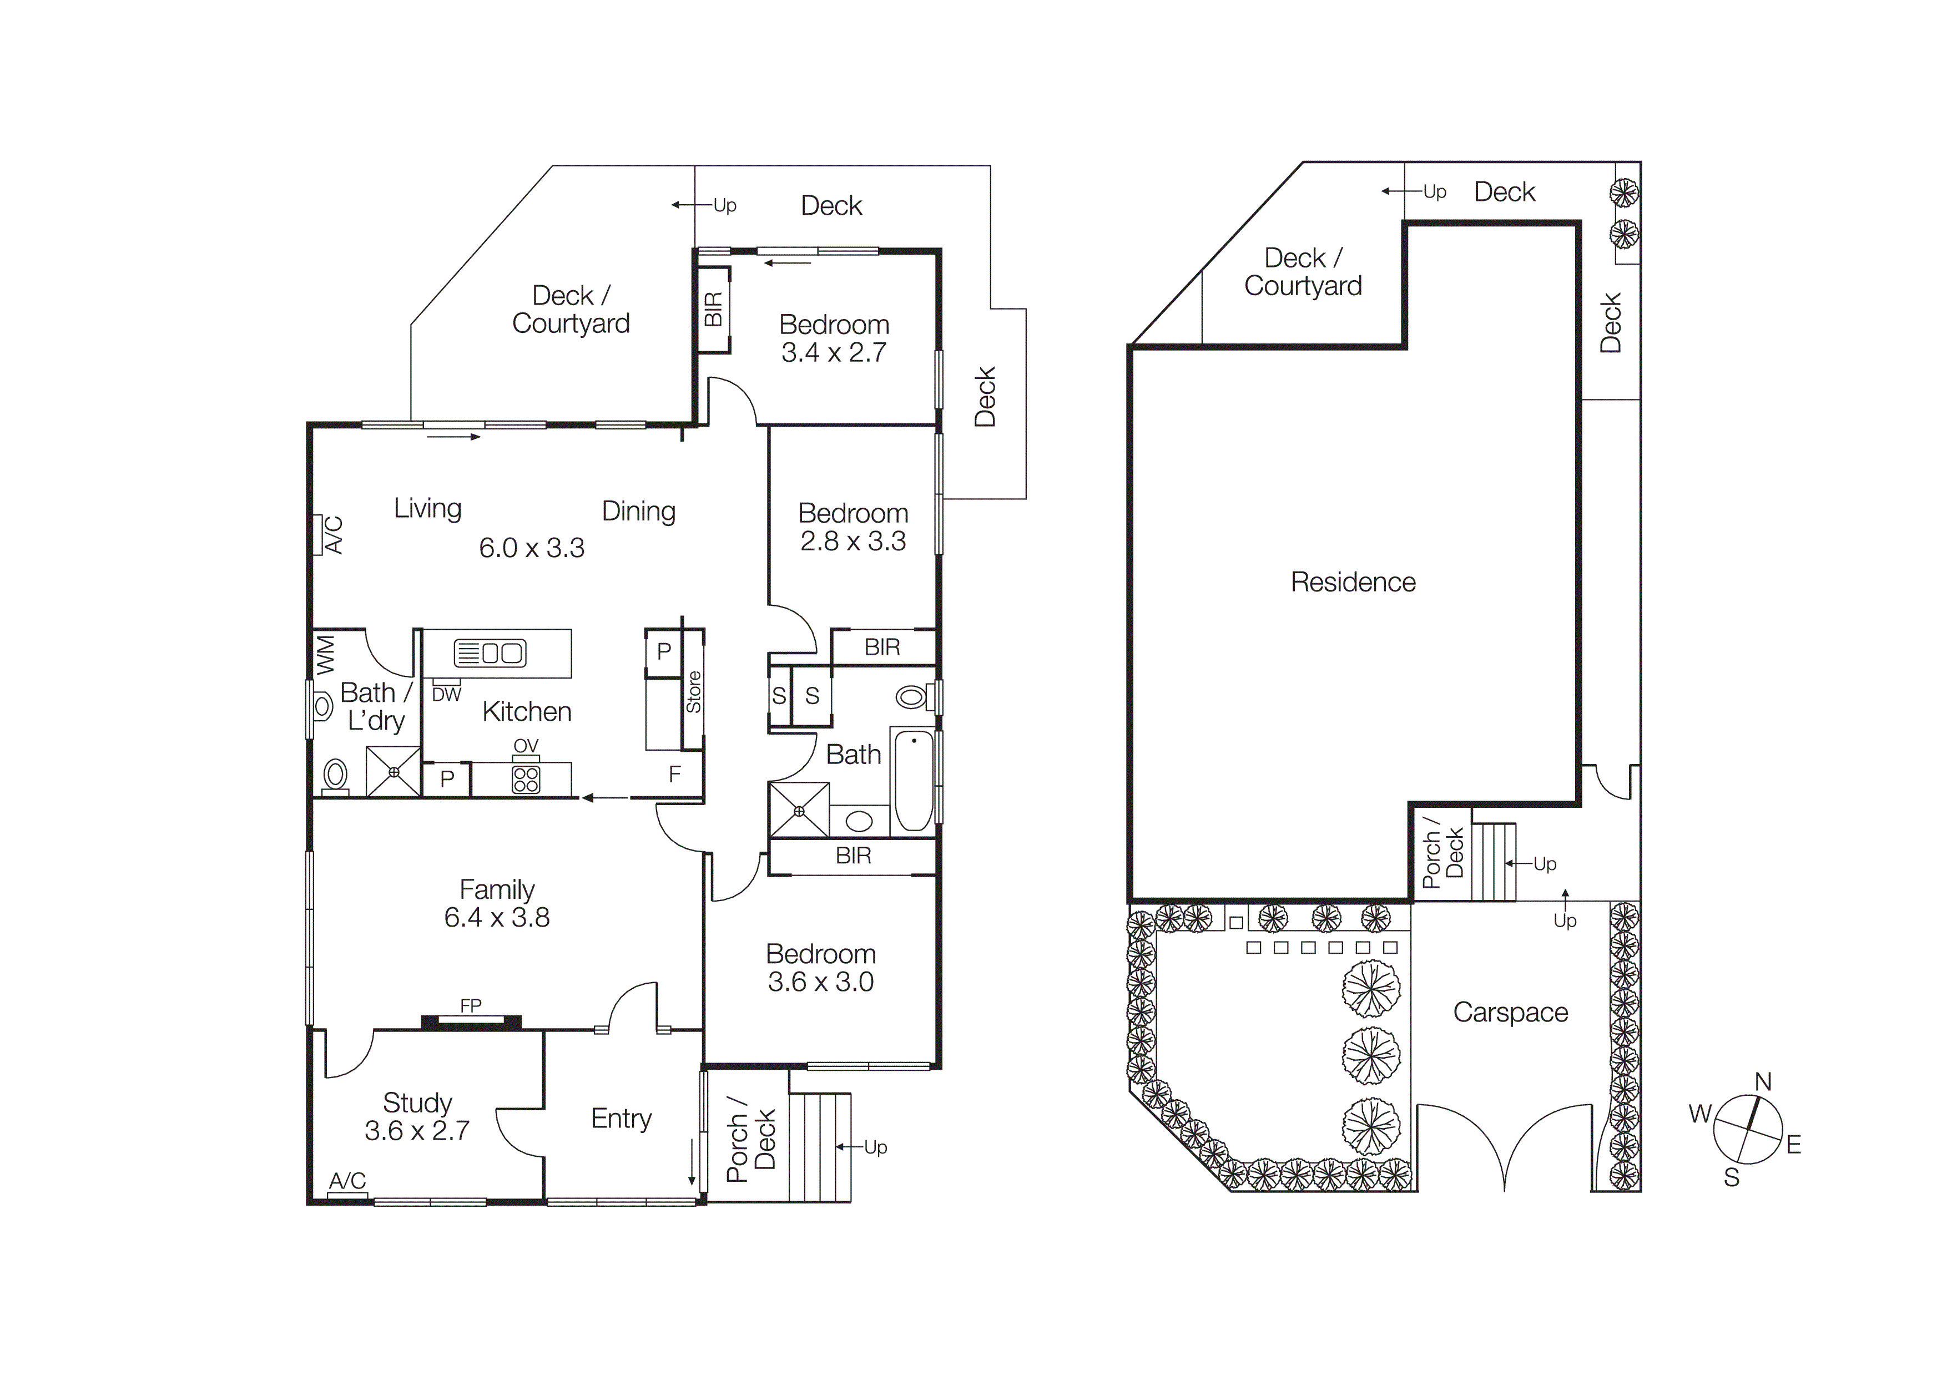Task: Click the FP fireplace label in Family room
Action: tap(471, 1005)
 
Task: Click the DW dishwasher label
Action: tap(446, 694)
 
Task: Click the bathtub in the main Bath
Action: tap(914, 780)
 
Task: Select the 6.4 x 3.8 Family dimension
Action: tap(497, 917)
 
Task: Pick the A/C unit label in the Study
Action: tap(347, 1181)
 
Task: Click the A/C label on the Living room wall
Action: tap(334, 535)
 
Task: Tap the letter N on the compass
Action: tap(1763, 1082)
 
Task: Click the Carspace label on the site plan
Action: tap(1510, 1012)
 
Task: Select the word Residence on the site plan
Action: tap(1353, 583)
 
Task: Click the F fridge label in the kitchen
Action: tap(675, 773)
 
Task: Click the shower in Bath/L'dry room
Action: tap(394, 772)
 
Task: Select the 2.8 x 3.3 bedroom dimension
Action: tap(853, 541)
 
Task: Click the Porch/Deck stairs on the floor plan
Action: tap(819, 1146)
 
